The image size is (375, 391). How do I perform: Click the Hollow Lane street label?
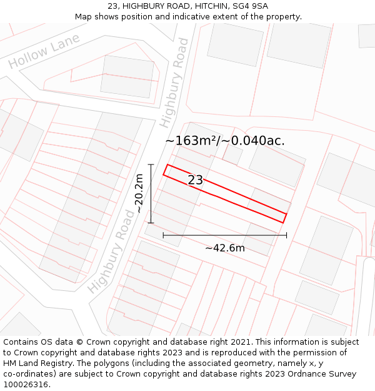(44, 51)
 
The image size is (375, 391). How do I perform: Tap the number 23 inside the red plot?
(195, 180)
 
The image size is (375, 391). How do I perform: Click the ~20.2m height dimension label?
(139, 193)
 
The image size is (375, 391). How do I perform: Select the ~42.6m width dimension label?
(225, 248)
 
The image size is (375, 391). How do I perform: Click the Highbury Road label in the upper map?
(174, 82)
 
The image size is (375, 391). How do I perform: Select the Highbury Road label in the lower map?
(111, 251)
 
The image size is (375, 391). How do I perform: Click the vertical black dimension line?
(151, 193)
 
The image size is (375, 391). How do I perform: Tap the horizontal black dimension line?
(225, 235)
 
